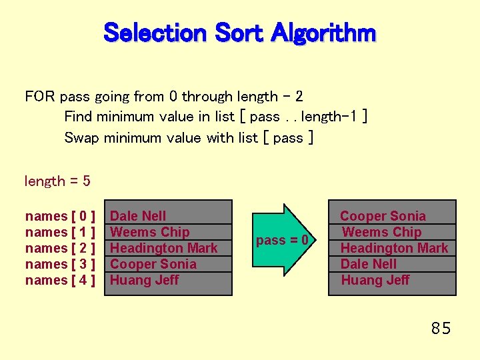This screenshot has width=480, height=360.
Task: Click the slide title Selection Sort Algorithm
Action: [240, 32]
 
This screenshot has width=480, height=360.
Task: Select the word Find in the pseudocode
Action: [79, 117]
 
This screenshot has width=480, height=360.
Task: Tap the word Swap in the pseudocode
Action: [82, 138]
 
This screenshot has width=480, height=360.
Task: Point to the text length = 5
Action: [57, 181]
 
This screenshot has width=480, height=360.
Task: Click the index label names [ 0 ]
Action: [60, 216]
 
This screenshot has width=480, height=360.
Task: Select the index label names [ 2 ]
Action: [60, 248]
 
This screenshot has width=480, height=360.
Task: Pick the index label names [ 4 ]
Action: [60, 280]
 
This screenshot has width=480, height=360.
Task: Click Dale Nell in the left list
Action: [138, 216]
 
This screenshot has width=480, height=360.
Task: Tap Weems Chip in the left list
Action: [150, 232]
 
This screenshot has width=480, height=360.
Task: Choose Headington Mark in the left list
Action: [164, 248]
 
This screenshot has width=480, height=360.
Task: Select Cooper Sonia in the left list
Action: [153, 264]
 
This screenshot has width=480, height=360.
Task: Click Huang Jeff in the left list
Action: [144, 280]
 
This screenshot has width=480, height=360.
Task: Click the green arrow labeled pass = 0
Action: [283, 240]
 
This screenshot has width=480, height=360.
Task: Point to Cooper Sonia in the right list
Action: [383, 216]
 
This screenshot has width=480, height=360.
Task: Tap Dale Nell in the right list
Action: [369, 264]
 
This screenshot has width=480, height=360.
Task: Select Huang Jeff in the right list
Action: [375, 280]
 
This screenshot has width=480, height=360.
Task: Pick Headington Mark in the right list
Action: [395, 248]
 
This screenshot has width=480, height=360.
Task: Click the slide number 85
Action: [441, 328]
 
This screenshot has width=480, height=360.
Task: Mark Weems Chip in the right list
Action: [381, 232]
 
